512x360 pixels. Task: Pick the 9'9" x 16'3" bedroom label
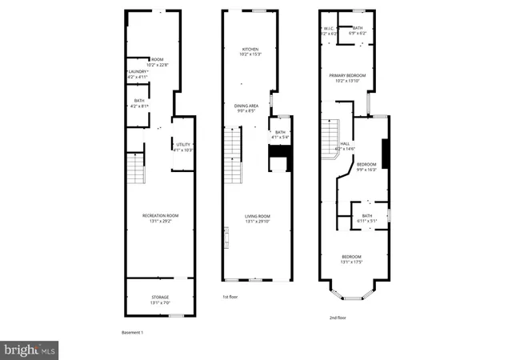(x=366, y=166)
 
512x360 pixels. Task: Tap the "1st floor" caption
(x=230, y=297)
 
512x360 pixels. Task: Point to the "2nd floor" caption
(x=336, y=318)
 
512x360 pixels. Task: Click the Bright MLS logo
(x=30, y=349)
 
